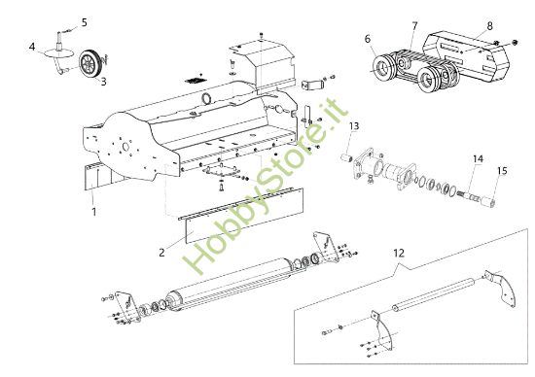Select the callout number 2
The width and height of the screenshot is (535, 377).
tap(161, 251)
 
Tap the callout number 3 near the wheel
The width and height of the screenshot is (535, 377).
tap(104, 83)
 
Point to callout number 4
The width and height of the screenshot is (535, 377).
tap(32, 47)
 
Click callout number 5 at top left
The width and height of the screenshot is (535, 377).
tap(83, 21)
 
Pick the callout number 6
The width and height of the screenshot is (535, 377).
tap(368, 39)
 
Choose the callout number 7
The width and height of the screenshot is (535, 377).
tap(415, 24)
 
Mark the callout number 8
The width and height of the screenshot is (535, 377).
tap(489, 26)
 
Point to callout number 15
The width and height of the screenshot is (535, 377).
tap(502, 171)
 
